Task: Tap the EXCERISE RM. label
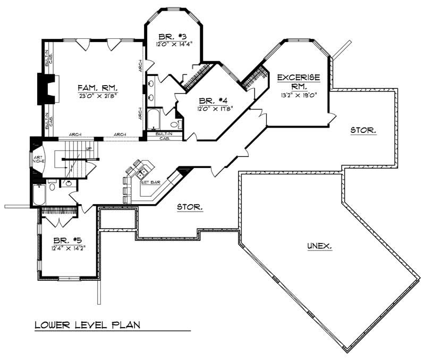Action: [x=299, y=81]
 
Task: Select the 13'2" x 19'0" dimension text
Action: [x=299, y=96]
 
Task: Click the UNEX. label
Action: [x=320, y=246]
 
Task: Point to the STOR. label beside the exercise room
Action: [x=363, y=130]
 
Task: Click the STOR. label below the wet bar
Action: [x=190, y=207]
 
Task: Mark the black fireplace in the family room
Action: [x=43, y=89]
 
